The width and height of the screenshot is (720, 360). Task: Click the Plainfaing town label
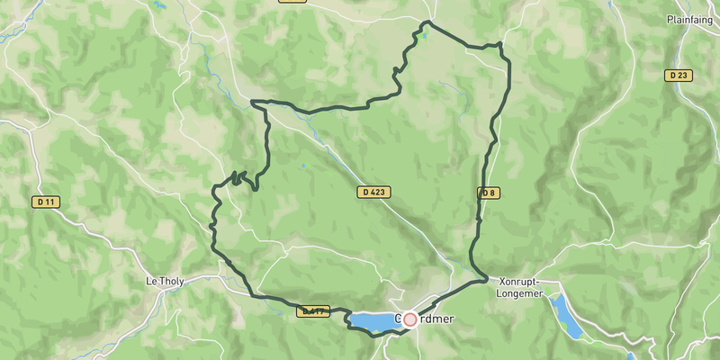click(x=690, y=19)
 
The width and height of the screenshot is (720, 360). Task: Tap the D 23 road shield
click(x=679, y=76)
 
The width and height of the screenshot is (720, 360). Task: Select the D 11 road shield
click(x=45, y=202)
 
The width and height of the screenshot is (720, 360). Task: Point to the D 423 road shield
click(x=373, y=193)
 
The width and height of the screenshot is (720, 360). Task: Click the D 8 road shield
click(x=488, y=193)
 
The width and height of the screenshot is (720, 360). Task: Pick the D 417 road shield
click(x=314, y=311)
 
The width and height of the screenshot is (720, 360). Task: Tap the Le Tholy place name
click(x=165, y=282)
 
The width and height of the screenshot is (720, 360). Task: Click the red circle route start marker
click(x=410, y=319)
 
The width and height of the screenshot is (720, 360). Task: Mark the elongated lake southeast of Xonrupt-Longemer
click(x=566, y=317)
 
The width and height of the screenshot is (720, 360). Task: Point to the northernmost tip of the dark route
click(x=429, y=22)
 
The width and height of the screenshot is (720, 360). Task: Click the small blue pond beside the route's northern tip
click(x=418, y=37)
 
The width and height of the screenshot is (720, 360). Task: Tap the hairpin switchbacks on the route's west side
click(x=238, y=177)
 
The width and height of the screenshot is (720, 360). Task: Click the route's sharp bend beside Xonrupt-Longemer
click(x=485, y=279)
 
